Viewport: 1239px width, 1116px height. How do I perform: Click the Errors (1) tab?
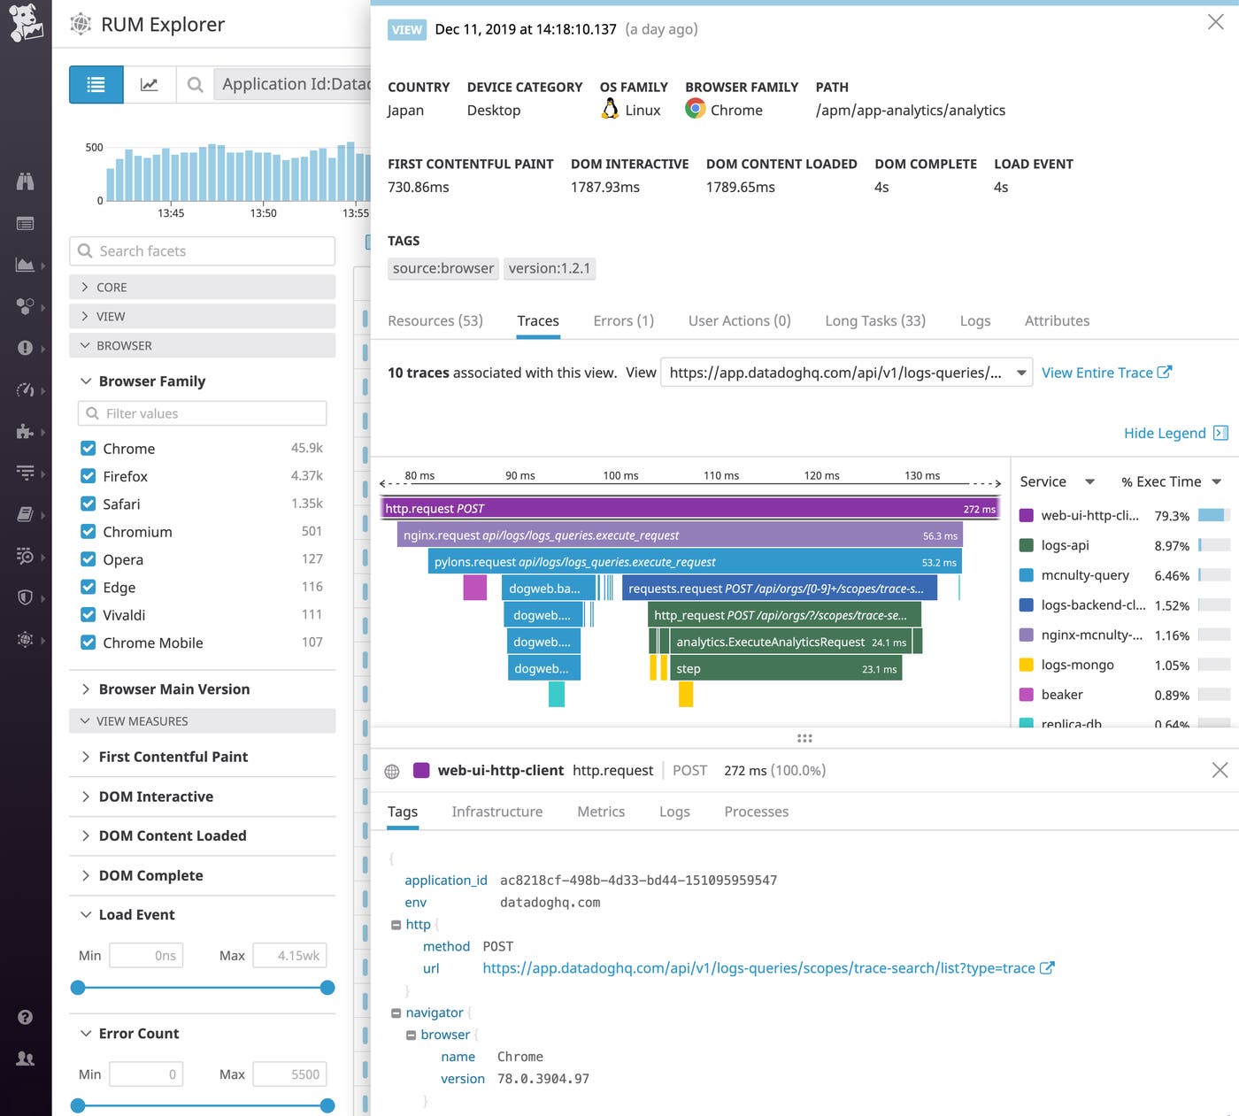pyautogui.click(x=623, y=320)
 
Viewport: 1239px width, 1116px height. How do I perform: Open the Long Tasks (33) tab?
pyautogui.click(x=874, y=320)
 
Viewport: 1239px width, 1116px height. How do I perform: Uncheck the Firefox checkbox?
pyautogui.click(x=88, y=476)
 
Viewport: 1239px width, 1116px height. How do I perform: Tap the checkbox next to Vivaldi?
pyautogui.click(x=88, y=615)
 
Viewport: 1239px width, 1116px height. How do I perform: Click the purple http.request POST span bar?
pyautogui.click(x=690, y=509)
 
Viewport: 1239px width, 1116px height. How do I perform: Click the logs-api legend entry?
pyautogui.click(x=1065, y=545)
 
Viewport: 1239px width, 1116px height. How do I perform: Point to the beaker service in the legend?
pyautogui.click(x=1062, y=695)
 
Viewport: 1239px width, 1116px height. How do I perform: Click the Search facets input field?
pyautogui.click(x=203, y=251)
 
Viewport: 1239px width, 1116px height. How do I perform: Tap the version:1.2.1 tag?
pyautogui.click(x=549, y=268)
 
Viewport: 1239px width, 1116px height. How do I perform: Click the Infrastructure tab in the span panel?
pyautogui.click(x=496, y=812)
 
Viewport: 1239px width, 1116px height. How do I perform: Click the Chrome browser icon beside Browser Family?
pyautogui.click(x=696, y=110)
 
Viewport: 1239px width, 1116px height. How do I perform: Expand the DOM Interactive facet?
pyautogui.click(x=156, y=797)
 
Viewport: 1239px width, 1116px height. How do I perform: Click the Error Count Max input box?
pyautogui.click(x=289, y=1074)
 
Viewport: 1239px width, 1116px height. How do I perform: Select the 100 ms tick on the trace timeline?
pyautogui.click(x=620, y=476)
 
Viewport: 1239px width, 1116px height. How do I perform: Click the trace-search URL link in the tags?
pyautogui.click(x=758, y=968)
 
